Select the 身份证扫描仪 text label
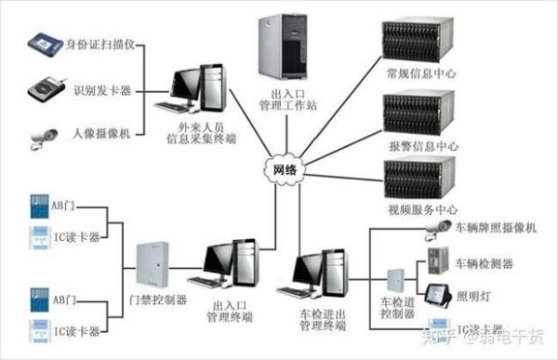(104, 44)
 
